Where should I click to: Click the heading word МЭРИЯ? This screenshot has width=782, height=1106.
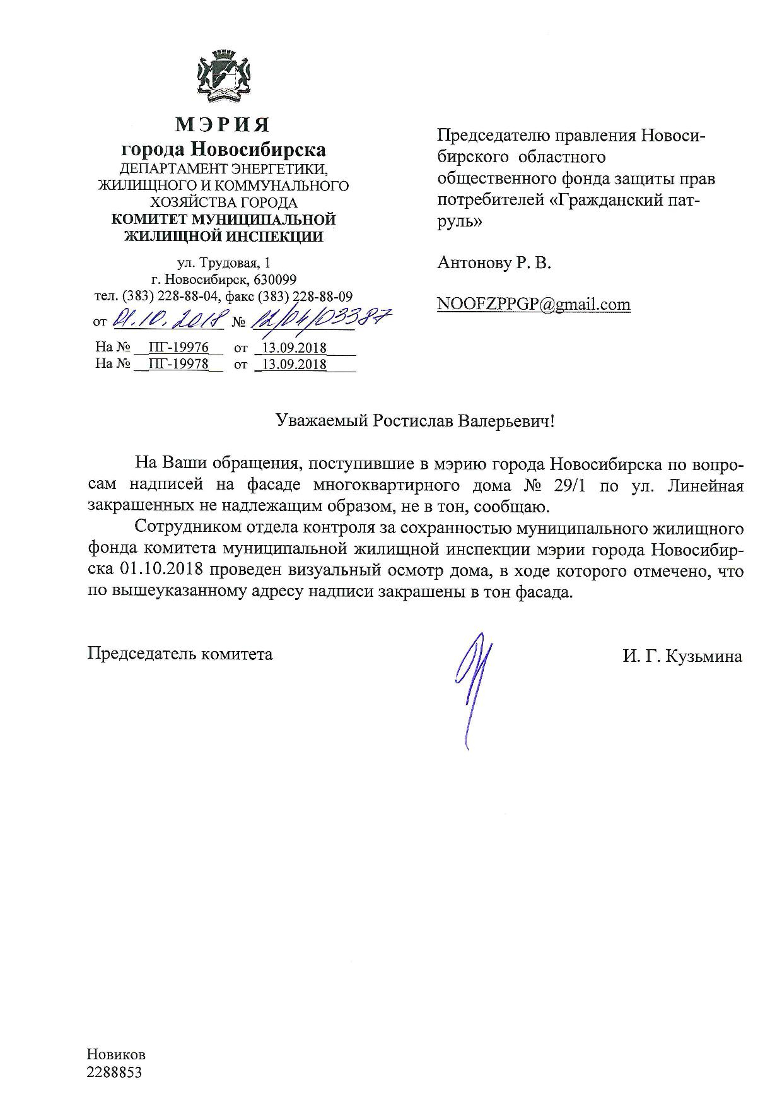tap(223, 124)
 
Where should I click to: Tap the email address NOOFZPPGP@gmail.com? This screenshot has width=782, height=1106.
tap(534, 304)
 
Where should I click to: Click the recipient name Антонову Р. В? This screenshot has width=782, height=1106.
tap(494, 263)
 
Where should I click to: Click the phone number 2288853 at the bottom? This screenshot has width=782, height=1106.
tap(115, 1073)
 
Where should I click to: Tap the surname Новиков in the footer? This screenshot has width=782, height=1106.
tap(117, 1055)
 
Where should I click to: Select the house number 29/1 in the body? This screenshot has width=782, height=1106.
tap(573, 486)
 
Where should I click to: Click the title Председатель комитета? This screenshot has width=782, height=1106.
tap(180, 654)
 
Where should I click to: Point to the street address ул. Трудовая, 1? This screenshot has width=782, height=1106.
tap(224, 262)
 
